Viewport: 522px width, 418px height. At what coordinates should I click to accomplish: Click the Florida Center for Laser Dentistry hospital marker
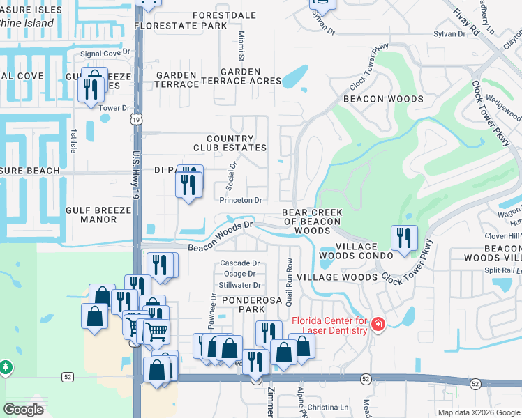[378, 324]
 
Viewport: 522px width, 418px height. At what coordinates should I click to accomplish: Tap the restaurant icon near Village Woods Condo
[404, 238]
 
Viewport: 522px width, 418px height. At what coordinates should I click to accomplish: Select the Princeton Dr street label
[241, 200]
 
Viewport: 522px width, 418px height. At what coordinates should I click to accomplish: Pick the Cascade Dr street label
[239, 263]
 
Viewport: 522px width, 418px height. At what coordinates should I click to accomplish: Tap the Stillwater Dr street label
[239, 285]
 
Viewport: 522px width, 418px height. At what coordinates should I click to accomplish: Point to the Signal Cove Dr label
[105, 53]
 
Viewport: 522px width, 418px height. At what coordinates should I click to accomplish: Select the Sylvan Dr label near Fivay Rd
[452, 33]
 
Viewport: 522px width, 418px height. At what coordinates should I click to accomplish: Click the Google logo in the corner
[24, 410]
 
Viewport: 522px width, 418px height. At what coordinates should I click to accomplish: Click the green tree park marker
[6, 366]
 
